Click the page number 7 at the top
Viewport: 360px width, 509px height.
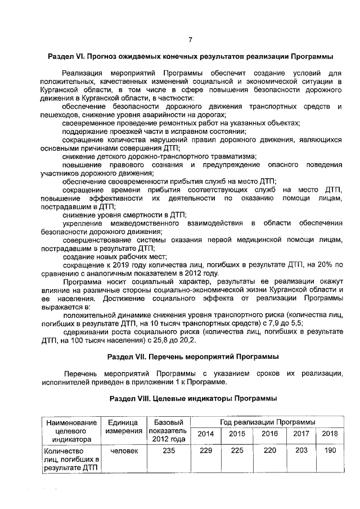coord(190,39)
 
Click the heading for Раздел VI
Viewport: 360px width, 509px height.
coord(190,57)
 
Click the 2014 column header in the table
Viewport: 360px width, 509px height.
coord(206,434)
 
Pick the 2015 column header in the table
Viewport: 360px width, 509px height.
coord(237,434)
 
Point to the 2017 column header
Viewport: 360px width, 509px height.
coord(301,434)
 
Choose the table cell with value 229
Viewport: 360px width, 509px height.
coord(206,451)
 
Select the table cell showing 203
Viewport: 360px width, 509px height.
coord(301,451)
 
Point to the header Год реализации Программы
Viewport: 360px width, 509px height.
coord(267,421)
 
